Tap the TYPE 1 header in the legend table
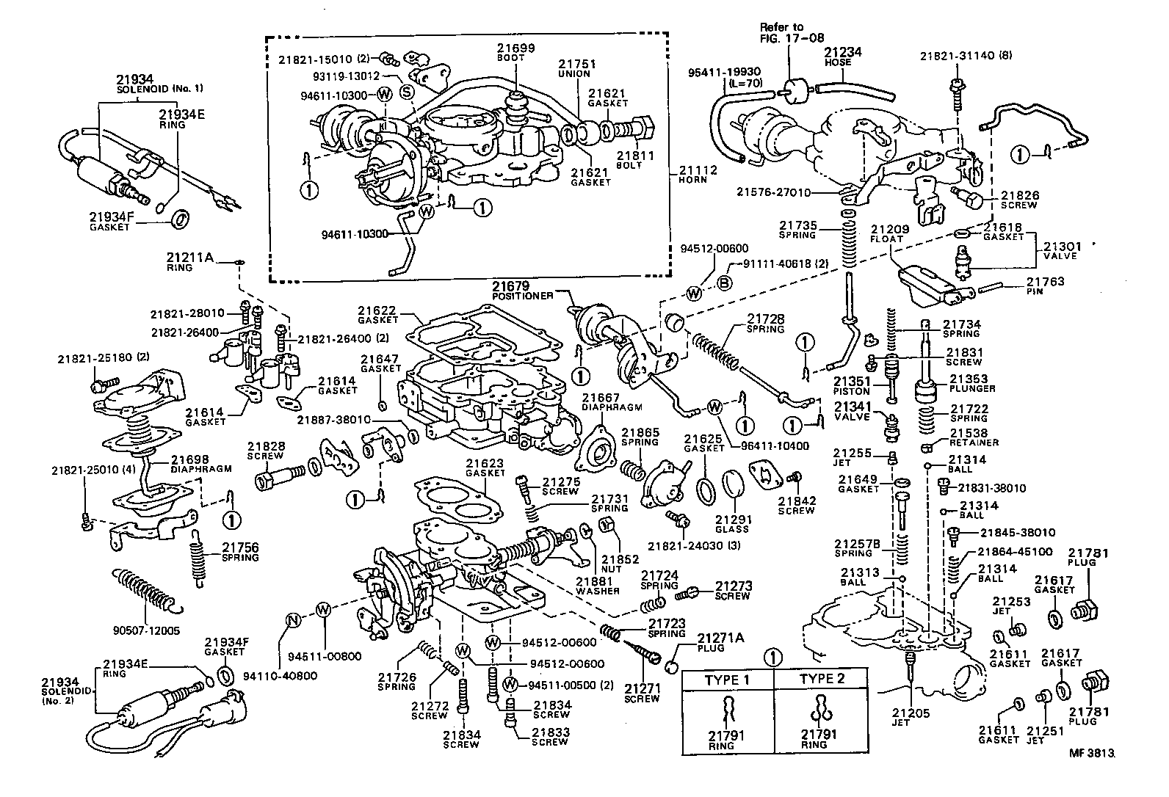(x=727, y=679)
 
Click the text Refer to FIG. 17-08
(x=782, y=32)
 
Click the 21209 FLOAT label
(x=890, y=233)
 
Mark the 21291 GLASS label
(x=732, y=524)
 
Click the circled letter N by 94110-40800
(x=293, y=621)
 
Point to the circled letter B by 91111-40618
(x=723, y=284)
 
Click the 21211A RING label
(x=189, y=261)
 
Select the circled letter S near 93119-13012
(x=408, y=91)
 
